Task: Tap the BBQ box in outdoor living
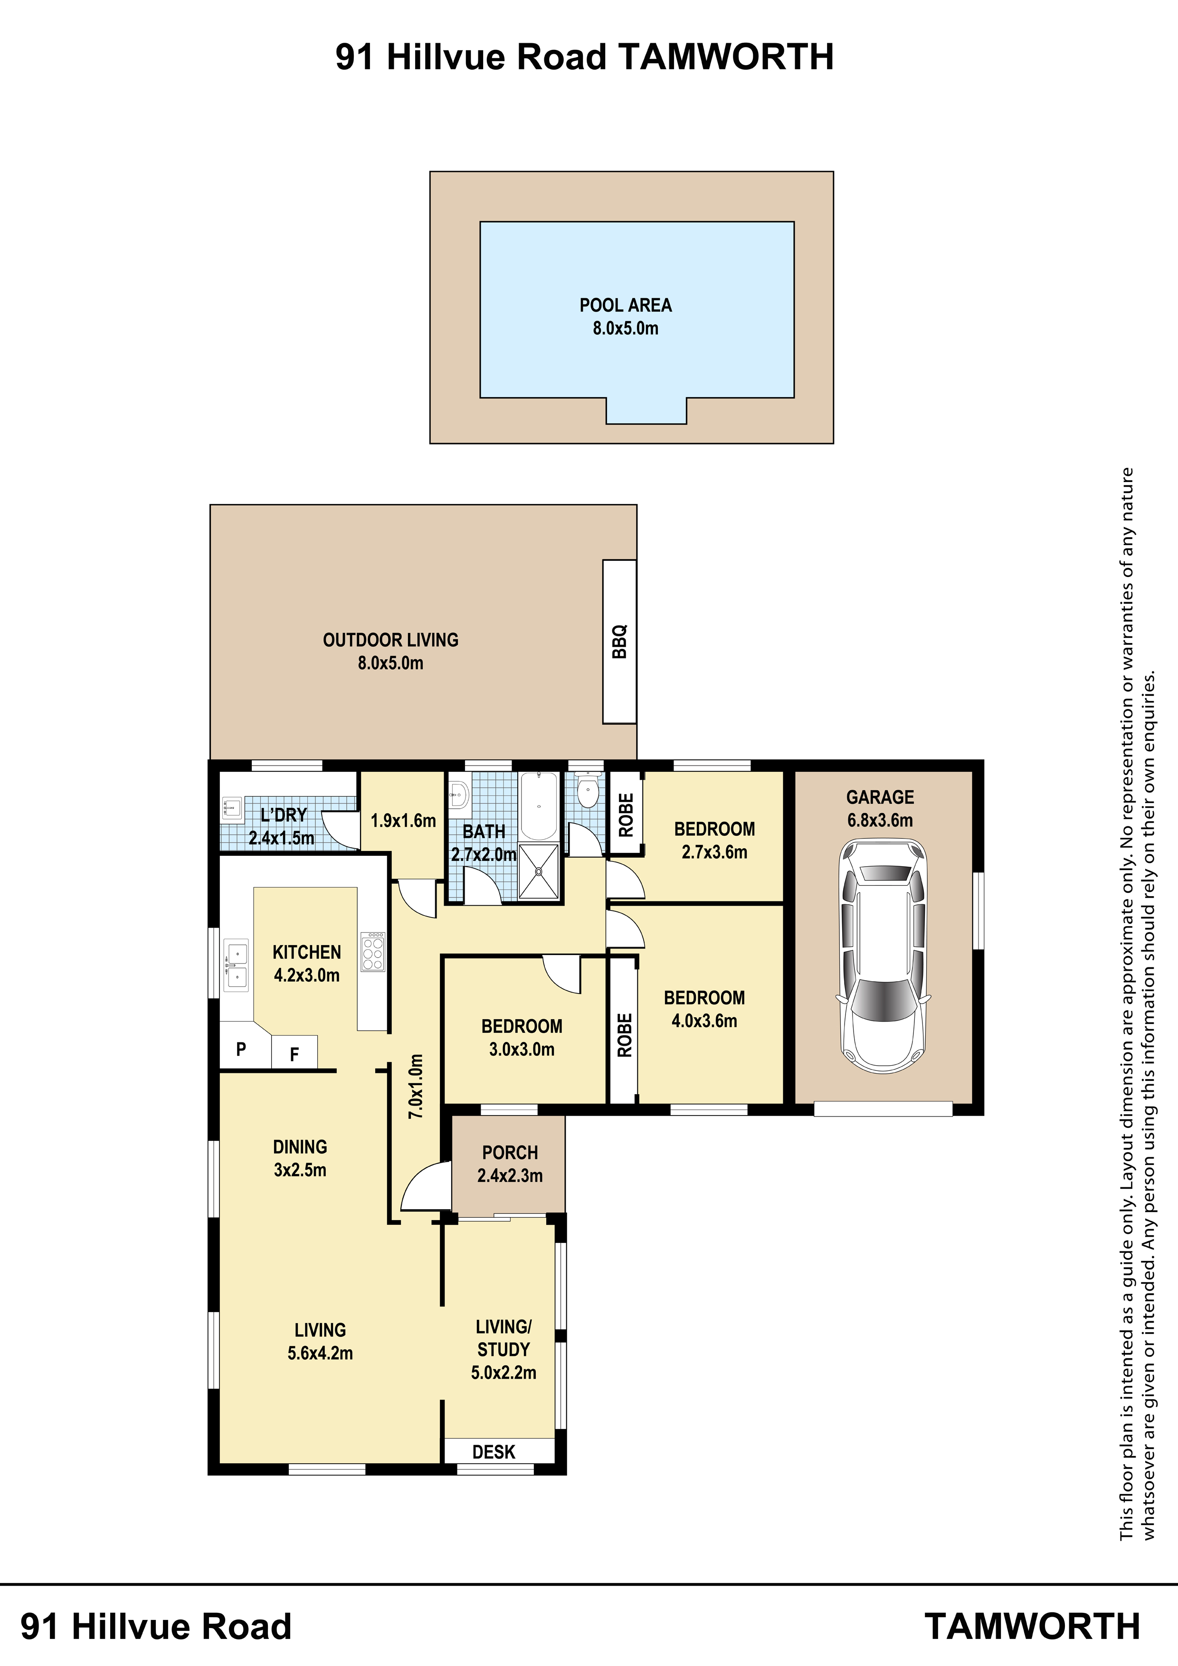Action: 619,642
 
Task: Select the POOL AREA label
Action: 626,305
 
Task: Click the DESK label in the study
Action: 494,1452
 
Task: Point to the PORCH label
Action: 510,1152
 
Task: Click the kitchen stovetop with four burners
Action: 373,951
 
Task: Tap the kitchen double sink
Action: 236,965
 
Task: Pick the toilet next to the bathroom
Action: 587,791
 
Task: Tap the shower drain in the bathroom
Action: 539,872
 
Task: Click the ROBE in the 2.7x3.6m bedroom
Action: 626,815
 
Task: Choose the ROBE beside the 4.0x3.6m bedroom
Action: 624,1034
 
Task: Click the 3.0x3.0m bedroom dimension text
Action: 522,1049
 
